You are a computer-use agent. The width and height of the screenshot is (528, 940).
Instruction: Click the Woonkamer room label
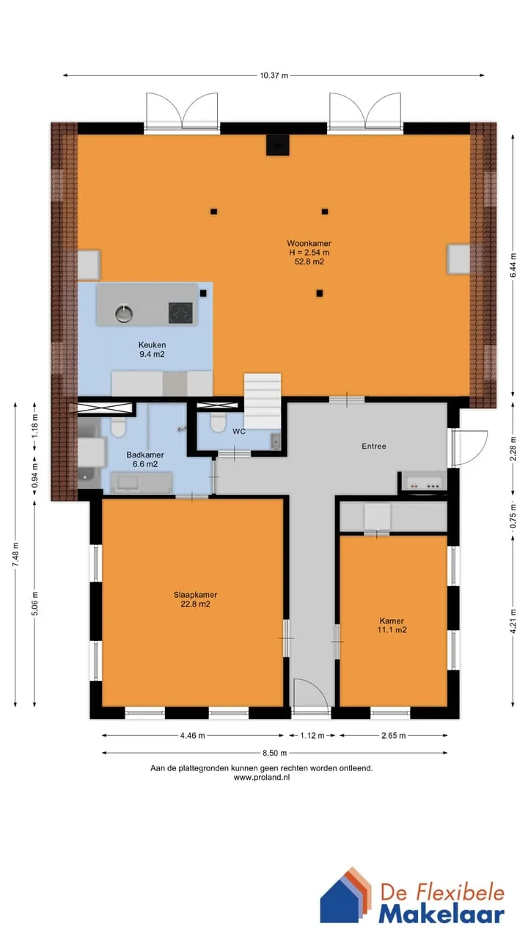tap(309, 243)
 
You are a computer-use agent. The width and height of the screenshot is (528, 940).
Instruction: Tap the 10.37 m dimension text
tap(274, 76)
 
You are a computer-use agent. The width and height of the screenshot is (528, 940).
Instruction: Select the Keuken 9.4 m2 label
tap(152, 350)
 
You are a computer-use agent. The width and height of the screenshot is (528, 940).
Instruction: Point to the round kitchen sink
tap(124, 314)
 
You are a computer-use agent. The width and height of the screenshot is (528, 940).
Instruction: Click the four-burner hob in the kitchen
tap(180, 313)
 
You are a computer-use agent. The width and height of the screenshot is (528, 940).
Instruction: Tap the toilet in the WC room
tap(218, 422)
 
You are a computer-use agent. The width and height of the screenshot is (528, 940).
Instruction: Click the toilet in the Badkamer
tap(118, 427)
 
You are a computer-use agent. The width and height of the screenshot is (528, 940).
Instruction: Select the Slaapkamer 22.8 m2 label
tap(195, 599)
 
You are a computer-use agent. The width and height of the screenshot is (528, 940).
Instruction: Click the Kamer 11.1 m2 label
tap(392, 625)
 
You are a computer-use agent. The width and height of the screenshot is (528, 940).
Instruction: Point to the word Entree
tap(374, 446)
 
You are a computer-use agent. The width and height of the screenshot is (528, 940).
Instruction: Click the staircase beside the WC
tap(263, 401)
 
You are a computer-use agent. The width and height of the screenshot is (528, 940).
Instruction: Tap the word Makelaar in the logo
tap(441, 915)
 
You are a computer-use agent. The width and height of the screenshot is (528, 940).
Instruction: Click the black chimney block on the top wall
tap(277, 145)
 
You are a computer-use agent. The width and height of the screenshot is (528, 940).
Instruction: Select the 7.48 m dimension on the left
tap(15, 554)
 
